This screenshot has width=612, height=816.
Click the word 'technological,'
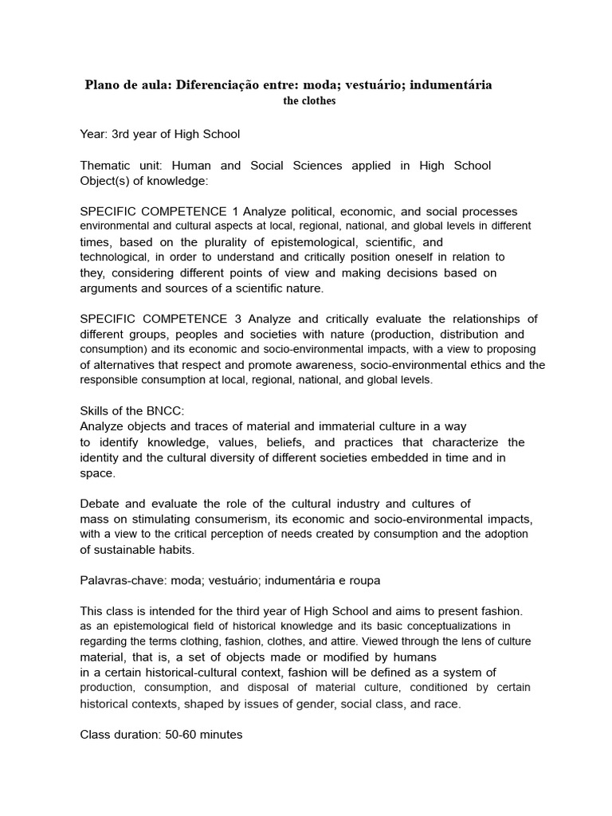[115, 257]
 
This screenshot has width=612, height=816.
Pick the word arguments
[109, 288]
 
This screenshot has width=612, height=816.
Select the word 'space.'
[98, 473]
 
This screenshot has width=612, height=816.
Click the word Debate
[100, 504]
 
